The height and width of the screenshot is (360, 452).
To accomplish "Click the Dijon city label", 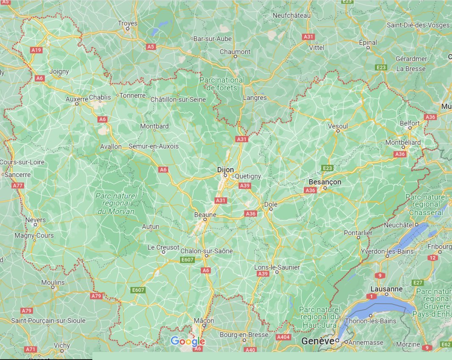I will pos(225,169).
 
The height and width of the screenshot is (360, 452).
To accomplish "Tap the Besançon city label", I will pos(325,182).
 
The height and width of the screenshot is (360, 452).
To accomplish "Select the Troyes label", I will pos(128,23).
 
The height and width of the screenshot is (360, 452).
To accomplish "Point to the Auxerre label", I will pos(77,99).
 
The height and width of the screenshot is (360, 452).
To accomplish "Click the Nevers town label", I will pos(36,220).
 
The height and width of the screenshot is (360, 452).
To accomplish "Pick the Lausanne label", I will pos(386,289).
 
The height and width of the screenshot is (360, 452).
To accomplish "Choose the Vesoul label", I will pos(338,126).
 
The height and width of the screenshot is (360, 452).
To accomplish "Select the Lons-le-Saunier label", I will pos(277,267).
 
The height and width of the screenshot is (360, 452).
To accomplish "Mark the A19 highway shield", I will pos(36,50).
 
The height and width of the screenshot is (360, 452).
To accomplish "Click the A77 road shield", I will pos(18,186).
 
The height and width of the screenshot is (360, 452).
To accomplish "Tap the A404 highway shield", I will pos(283,337).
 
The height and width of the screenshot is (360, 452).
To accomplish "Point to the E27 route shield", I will pos(418,282).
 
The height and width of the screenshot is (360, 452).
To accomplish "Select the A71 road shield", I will pos(30,349).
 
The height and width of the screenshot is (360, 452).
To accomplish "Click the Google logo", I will pos(188,341).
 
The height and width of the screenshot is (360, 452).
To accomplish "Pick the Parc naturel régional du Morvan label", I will pos(116,203).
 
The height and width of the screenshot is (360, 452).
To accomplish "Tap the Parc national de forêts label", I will pos(222,83).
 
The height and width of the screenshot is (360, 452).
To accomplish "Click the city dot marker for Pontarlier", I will pos(358,238).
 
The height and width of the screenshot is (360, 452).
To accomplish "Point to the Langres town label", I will pos(255,98).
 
